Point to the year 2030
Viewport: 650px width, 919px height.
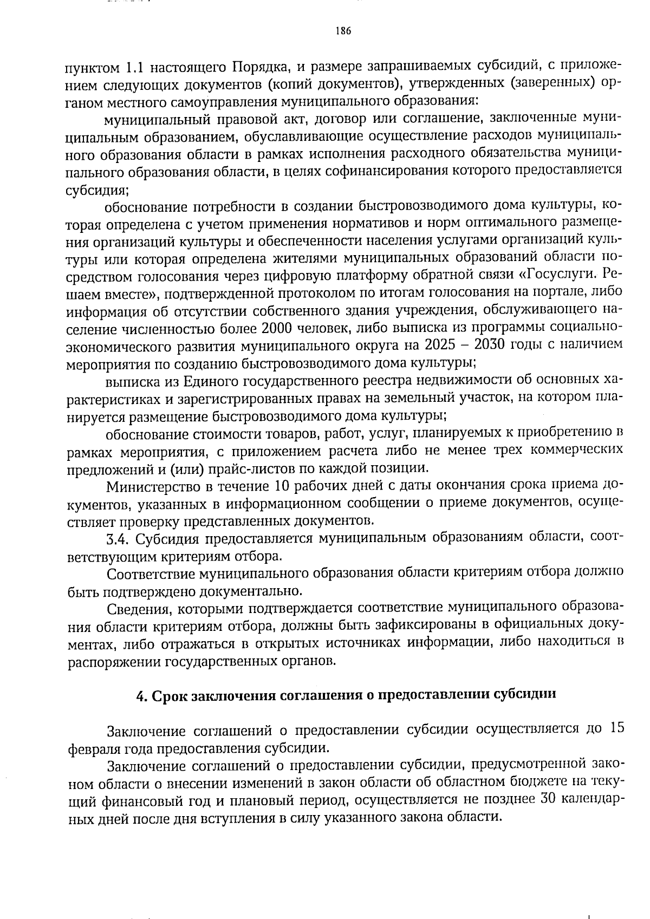coord(489,346)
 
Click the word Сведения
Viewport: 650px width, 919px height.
coord(136,609)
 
